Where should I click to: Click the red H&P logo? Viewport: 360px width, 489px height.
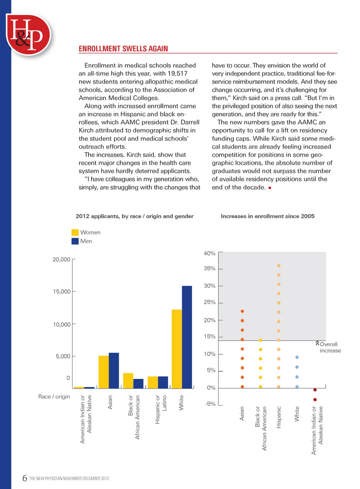tap(28, 35)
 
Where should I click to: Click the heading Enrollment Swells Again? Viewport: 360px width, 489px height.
tap(123, 49)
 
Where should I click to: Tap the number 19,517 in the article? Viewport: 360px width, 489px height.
tap(177, 73)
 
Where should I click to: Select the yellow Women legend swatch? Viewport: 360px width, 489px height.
tap(75, 232)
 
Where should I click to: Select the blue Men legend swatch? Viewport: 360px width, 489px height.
tap(75, 241)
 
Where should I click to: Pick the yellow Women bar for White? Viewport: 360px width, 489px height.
tap(177, 348)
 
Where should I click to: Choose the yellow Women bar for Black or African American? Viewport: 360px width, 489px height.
tap(128, 380)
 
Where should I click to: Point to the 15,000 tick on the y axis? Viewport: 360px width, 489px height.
tap(62, 292)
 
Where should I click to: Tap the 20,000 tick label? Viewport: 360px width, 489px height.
tap(61, 259)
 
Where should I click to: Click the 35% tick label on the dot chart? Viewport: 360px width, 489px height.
tap(210, 269)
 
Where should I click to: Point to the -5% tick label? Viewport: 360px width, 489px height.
tap(210, 404)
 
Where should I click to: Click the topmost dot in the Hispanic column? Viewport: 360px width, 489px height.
tap(279, 266)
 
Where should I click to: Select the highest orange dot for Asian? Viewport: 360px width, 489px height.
tap(242, 311)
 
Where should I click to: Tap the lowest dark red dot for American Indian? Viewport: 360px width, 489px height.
tap(315, 399)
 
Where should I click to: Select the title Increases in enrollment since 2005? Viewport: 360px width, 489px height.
tap(267, 216)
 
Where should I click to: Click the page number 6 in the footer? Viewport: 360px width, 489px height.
tap(25, 478)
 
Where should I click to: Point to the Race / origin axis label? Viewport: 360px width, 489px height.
tap(54, 396)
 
